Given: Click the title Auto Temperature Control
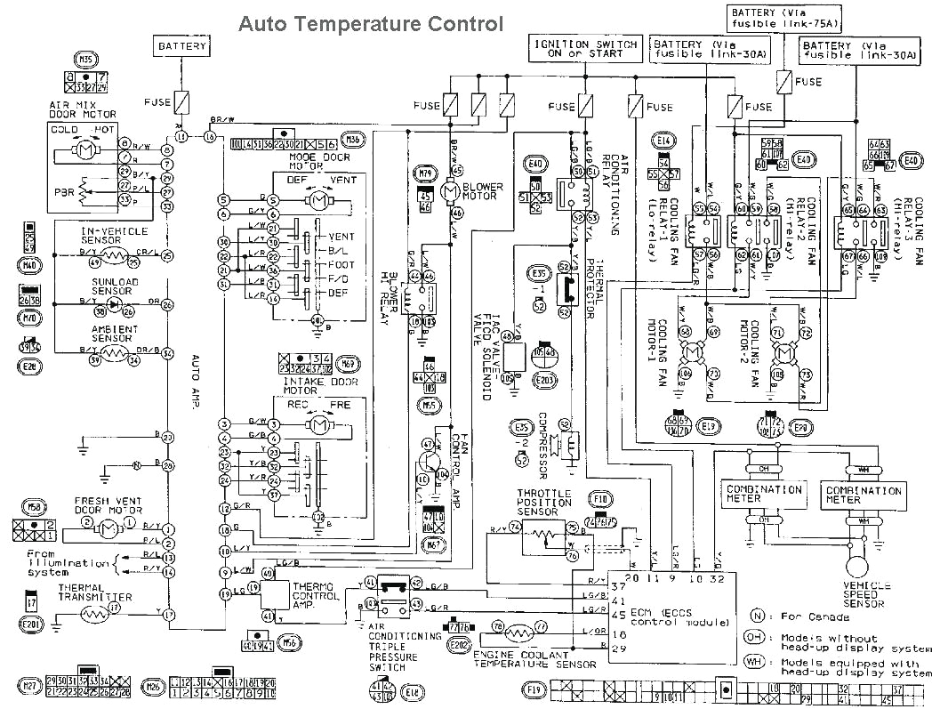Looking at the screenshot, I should pos(370,24).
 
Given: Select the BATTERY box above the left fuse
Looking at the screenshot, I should pos(182,46).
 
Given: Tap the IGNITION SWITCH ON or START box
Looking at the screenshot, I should pos(585,49).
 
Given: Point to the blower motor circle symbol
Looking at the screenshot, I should pos(448,190).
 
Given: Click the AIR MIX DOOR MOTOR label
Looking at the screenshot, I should pos(82,110).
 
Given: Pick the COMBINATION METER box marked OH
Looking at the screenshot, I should pos(752,494).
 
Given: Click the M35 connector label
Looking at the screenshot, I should pos(85,60).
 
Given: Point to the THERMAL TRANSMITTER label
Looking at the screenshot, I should pos(95,592).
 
